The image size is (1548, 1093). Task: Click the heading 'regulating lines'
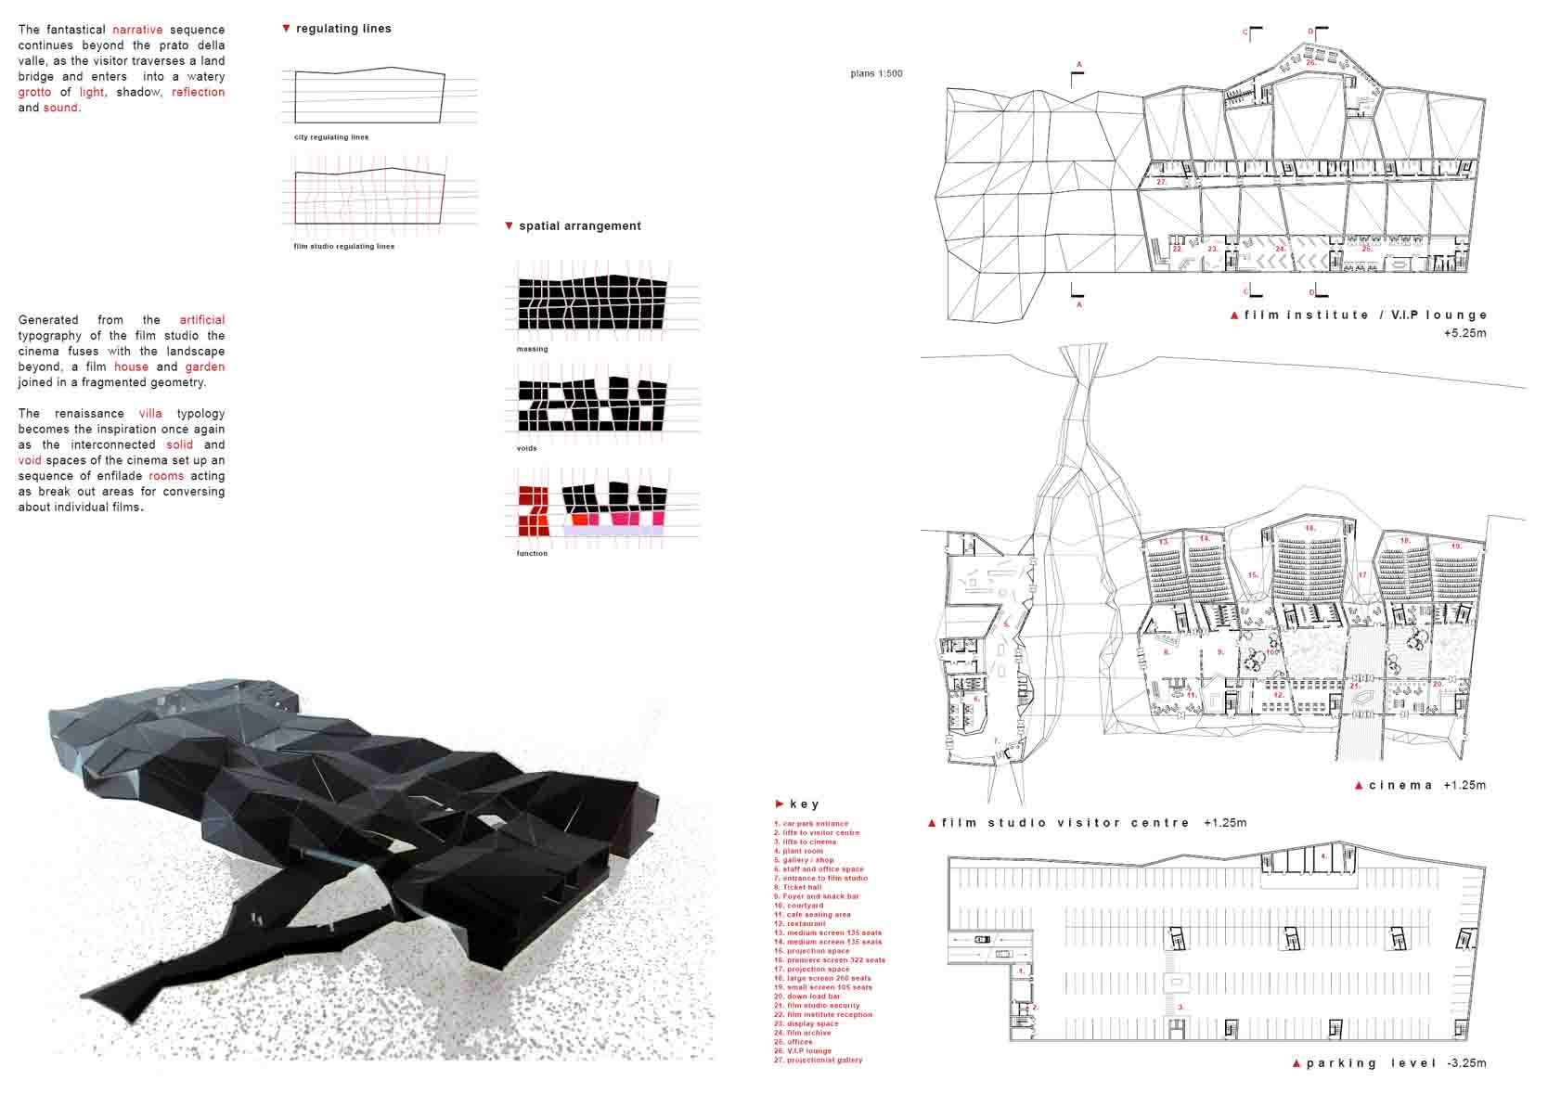[x=343, y=29]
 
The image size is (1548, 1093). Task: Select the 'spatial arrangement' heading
[x=579, y=226]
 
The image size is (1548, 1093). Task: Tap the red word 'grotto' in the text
[x=34, y=92]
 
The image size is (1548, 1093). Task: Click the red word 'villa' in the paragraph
[x=150, y=414]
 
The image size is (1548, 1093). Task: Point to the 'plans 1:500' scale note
[x=876, y=73]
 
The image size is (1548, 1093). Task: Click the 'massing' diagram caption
[x=532, y=349]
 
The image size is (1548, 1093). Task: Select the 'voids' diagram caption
[x=527, y=448]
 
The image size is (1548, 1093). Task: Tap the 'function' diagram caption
[x=532, y=554]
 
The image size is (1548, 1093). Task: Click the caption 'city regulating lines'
[x=331, y=137]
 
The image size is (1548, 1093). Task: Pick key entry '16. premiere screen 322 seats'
[x=829, y=960]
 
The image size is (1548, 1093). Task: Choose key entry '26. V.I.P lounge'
[x=803, y=1051]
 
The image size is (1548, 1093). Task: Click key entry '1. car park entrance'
[x=811, y=824]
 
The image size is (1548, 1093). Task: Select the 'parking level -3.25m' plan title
[x=1395, y=1063]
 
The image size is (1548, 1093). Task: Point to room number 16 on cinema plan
[x=1309, y=529]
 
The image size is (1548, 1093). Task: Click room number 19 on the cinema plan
[x=1455, y=546]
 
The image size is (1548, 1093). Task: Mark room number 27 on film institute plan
[x=1161, y=183]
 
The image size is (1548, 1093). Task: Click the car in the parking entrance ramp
[x=982, y=940]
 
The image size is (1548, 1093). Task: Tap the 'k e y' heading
[x=804, y=804]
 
